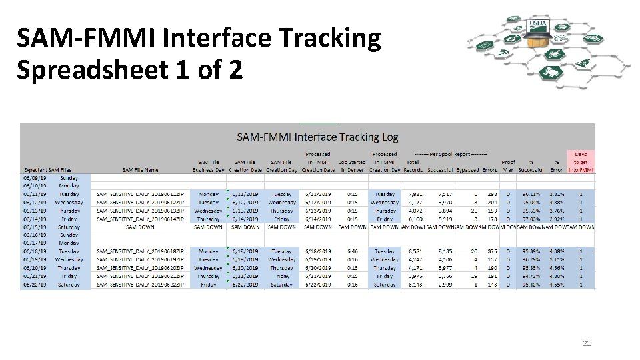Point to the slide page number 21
coord(587,343)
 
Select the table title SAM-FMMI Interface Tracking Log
coord(318,137)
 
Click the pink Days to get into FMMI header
coord(581,162)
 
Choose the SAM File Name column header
coord(140,170)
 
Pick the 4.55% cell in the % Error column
coord(555,285)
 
